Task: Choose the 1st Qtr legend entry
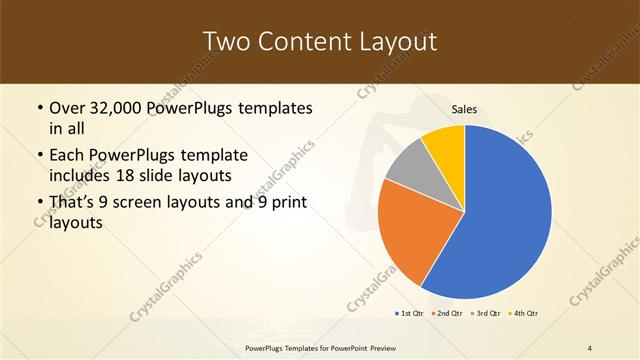click(x=410, y=314)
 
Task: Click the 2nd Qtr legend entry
click(x=446, y=314)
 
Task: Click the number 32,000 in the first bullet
click(x=118, y=107)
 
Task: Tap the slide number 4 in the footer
click(x=590, y=346)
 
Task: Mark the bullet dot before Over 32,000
click(x=39, y=108)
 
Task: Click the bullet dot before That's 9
click(x=39, y=204)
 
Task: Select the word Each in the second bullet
click(x=67, y=156)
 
